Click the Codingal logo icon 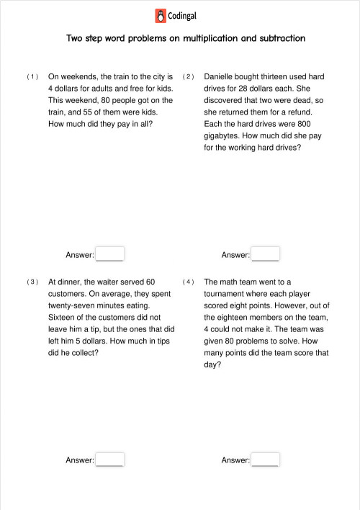[160, 16]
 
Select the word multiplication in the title [209, 38]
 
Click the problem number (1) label [32, 76]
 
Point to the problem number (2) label [189, 76]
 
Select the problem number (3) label [32, 282]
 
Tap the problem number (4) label [189, 282]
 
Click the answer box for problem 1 [110, 254]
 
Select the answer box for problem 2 [266, 254]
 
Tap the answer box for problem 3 [110, 460]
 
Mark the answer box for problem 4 [266, 460]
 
